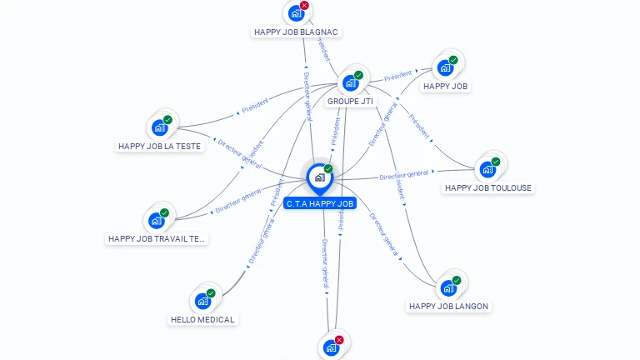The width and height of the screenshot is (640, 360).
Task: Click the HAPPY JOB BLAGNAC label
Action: pos(296,32)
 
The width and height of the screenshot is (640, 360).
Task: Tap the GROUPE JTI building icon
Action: pos(351,83)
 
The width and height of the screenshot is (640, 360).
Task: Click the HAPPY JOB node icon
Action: pos(445,68)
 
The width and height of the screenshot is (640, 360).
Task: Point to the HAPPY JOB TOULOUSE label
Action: pos(487,187)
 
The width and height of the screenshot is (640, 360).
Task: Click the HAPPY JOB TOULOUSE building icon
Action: pos(487,170)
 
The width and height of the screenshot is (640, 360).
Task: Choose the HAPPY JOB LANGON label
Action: pos(448,306)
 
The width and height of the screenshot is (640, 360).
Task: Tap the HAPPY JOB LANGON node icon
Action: pos(448,288)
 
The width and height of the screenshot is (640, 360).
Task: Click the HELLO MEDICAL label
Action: pos(202,319)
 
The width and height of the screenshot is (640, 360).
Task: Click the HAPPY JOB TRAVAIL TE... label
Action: pos(157,238)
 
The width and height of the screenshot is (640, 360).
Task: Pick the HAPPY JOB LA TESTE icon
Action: pos(159,128)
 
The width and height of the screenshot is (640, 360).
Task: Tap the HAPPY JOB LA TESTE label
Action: pos(159,146)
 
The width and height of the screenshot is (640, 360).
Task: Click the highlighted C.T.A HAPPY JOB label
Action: pos(320,203)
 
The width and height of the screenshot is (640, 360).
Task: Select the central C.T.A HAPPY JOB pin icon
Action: pos(319,177)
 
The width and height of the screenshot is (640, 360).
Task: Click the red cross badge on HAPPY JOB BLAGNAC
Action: pos(304,6)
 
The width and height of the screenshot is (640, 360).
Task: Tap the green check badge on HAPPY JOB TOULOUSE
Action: pos(496,162)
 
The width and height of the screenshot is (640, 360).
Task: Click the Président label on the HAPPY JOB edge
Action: pos(399,77)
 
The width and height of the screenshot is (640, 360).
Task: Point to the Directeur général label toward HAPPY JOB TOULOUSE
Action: pos(403,175)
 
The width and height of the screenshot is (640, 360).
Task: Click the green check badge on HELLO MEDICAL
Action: pos(211,293)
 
